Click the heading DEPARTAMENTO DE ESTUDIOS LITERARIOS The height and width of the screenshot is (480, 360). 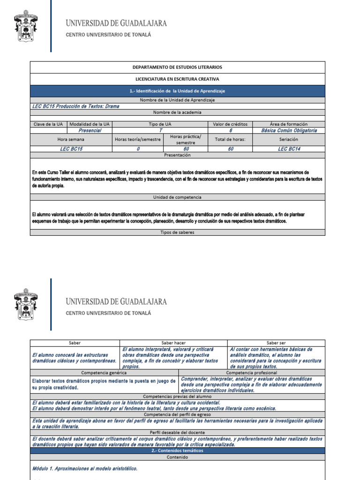[x=177, y=67]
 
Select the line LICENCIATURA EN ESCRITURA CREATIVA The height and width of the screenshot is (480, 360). [x=177, y=79]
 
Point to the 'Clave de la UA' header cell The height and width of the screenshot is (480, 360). [x=49, y=124]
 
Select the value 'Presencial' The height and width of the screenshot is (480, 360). [x=90, y=130]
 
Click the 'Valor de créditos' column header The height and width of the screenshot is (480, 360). [x=230, y=124]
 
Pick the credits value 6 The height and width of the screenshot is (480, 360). [x=230, y=130]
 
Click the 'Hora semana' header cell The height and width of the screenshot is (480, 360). [x=71, y=140]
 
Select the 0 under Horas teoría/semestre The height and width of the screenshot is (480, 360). [x=138, y=149]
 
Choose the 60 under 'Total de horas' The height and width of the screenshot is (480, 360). [x=230, y=149]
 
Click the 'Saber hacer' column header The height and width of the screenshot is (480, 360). [x=173, y=343]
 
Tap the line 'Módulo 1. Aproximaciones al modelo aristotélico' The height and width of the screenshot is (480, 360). [x=85, y=468]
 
